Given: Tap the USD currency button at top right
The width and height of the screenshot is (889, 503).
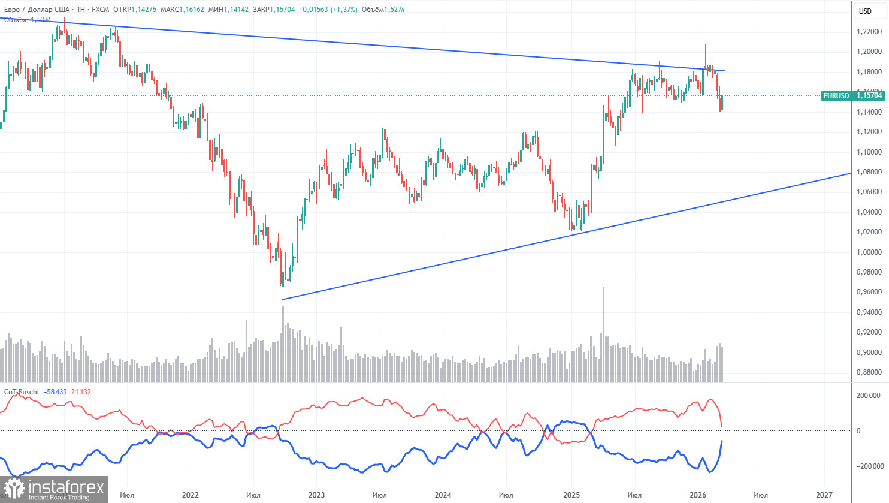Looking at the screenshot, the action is click(865, 11).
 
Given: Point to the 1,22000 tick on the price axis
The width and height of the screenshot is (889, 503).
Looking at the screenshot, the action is click(868, 32).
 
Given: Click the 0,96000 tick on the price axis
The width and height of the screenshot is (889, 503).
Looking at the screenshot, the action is click(868, 292).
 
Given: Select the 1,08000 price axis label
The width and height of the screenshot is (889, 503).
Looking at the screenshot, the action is click(868, 172).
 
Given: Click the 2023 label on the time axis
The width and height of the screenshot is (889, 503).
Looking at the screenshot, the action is click(316, 495).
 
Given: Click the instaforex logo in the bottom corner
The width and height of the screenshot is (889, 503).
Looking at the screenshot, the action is click(54, 489).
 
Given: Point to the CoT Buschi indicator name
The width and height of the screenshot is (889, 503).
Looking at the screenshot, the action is click(22, 392).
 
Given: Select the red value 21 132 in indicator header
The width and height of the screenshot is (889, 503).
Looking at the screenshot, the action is click(81, 392).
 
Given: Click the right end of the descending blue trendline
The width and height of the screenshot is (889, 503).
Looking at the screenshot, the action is click(725, 71).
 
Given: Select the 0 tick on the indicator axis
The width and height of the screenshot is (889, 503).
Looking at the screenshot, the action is click(858, 430).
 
